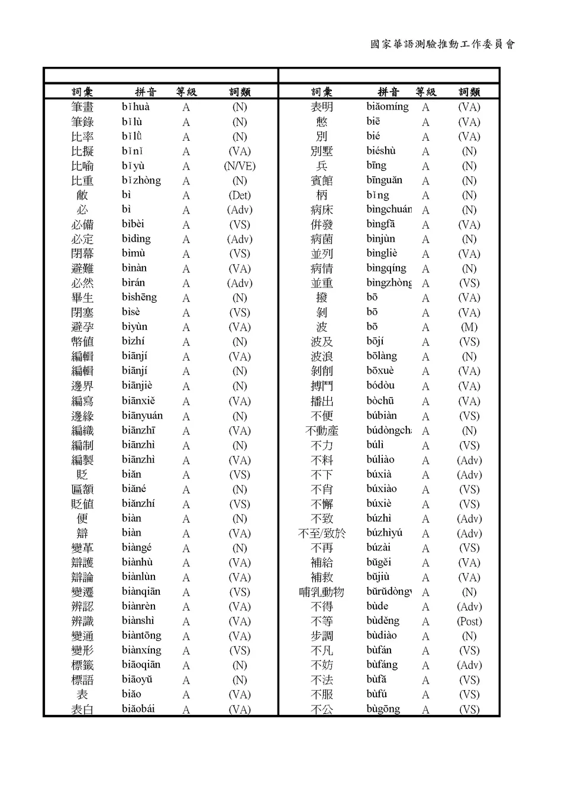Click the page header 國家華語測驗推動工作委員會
443,44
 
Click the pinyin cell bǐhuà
135,107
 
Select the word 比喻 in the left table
82,166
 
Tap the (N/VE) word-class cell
240,166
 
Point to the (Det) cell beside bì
240,195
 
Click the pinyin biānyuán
142,416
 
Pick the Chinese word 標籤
82,665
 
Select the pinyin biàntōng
141,636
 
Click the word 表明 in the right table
322,107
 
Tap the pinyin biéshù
381,151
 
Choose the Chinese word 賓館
322,180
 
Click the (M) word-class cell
469,327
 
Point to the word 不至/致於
322,533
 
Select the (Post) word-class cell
469,621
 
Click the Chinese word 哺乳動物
322,592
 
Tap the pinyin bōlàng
382,356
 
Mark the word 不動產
322,430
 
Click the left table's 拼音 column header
146,92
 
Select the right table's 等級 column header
425,92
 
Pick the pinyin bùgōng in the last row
383,709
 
